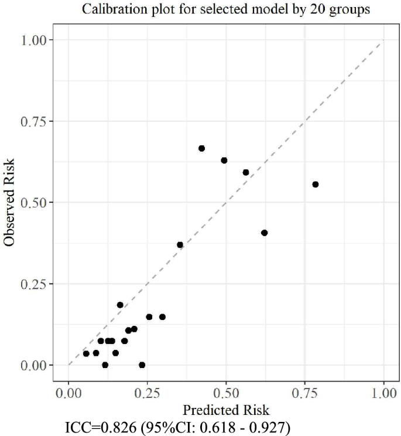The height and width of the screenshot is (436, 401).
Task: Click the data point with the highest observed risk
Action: [x=201, y=148]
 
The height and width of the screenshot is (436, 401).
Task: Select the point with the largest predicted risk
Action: [x=316, y=184]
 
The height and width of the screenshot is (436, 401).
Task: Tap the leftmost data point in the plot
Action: [x=86, y=353]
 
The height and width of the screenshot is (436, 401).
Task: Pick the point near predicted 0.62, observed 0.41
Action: [x=264, y=233]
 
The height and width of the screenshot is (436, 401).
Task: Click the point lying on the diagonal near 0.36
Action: [x=180, y=244]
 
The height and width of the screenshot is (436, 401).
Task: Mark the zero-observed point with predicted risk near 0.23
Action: [x=142, y=365]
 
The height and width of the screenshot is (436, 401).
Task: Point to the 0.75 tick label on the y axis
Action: [x=37, y=121]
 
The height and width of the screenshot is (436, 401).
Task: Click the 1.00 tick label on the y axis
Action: [x=37, y=40]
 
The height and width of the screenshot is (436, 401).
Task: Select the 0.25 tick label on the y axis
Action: [x=37, y=284]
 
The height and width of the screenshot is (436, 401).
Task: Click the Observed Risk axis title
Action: [x=9, y=202]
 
